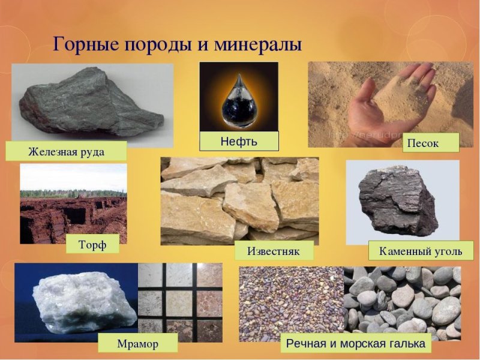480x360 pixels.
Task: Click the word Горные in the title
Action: coord(83,44)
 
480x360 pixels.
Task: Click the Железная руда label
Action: coord(66,151)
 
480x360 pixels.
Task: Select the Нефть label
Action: coord(239,142)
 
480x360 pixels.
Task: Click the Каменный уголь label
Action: coord(421,250)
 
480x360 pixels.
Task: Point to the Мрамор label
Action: coord(139,343)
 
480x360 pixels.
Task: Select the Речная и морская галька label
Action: coord(356,344)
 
